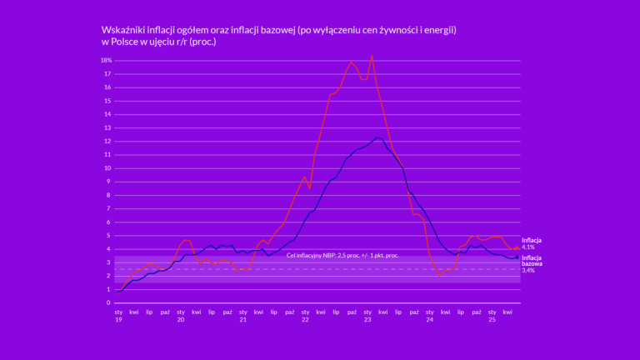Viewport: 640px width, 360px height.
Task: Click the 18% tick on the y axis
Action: pos(107,60)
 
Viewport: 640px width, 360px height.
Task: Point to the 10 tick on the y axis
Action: pos(107,168)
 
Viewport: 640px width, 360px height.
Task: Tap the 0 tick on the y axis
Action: pos(108,302)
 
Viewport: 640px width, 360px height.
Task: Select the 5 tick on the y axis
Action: pos(108,236)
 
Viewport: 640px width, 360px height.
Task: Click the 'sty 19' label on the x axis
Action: pos(118,316)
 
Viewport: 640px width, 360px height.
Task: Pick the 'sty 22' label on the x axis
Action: pos(305,316)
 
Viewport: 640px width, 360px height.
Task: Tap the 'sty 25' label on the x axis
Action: pos(492,316)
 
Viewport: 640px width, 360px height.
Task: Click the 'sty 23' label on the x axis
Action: pos(367,316)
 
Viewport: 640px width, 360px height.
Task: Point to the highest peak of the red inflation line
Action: pos(372,56)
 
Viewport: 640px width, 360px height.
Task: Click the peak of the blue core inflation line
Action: pos(377,137)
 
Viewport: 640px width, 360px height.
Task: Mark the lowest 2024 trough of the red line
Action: pos(440,275)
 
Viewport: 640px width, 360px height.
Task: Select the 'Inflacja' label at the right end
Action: pos(532,241)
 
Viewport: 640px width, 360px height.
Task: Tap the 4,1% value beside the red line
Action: pos(528,247)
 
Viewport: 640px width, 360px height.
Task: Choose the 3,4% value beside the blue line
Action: pos(528,271)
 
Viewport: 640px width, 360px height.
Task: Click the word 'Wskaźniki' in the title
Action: pos(124,30)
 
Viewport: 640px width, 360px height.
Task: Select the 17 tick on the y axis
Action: pos(107,74)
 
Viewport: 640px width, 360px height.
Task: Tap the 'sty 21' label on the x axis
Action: pos(242,316)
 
